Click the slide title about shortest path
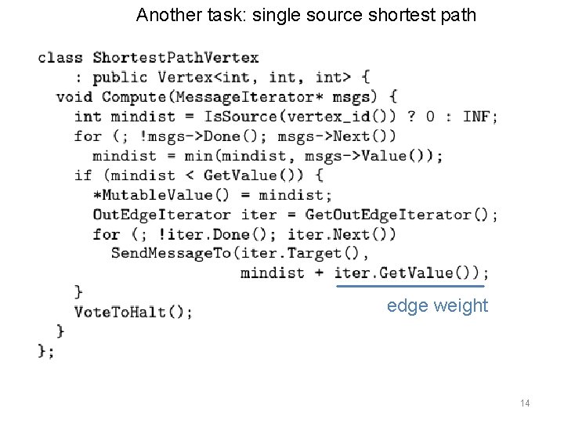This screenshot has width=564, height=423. (305, 14)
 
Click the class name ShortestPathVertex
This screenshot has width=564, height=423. (175, 57)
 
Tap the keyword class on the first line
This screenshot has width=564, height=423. (60, 57)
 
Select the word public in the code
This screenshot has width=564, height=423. (120, 77)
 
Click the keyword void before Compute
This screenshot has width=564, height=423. (74, 96)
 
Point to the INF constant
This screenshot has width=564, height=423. (479, 116)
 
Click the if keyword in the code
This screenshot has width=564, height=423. (83, 175)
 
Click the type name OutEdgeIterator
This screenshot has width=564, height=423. (161, 214)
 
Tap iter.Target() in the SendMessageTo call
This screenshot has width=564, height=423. (301, 253)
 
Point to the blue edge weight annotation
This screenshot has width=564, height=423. (437, 305)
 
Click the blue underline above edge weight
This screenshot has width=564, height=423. (410, 287)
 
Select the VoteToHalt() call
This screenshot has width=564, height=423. (132, 312)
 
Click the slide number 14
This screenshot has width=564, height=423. (525, 403)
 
